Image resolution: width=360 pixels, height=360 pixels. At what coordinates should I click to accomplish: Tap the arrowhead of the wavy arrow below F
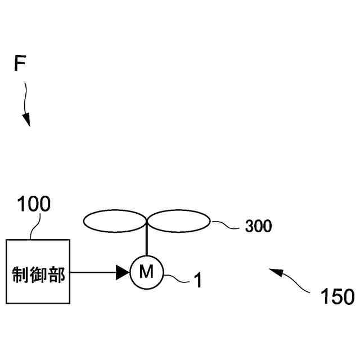tap(26, 120)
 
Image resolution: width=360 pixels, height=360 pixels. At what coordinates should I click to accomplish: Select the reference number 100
tap(34, 204)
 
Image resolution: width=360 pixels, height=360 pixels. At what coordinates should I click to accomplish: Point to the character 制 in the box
tap(20, 275)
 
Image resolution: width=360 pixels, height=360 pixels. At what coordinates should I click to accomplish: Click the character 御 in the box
tap(38, 275)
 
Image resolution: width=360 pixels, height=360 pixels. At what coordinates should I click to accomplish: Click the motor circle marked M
tap(146, 273)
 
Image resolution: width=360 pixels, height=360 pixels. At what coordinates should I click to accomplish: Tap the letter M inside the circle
tap(146, 273)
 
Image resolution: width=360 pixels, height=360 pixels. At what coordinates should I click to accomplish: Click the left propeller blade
tap(114, 221)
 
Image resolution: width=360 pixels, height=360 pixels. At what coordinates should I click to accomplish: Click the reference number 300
tap(258, 227)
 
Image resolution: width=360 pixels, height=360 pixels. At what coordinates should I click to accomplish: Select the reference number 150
tap(337, 296)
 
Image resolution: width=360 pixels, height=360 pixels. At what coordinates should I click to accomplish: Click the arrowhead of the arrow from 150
tap(274, 272)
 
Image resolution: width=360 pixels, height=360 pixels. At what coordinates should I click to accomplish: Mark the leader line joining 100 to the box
tap(34, 227)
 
